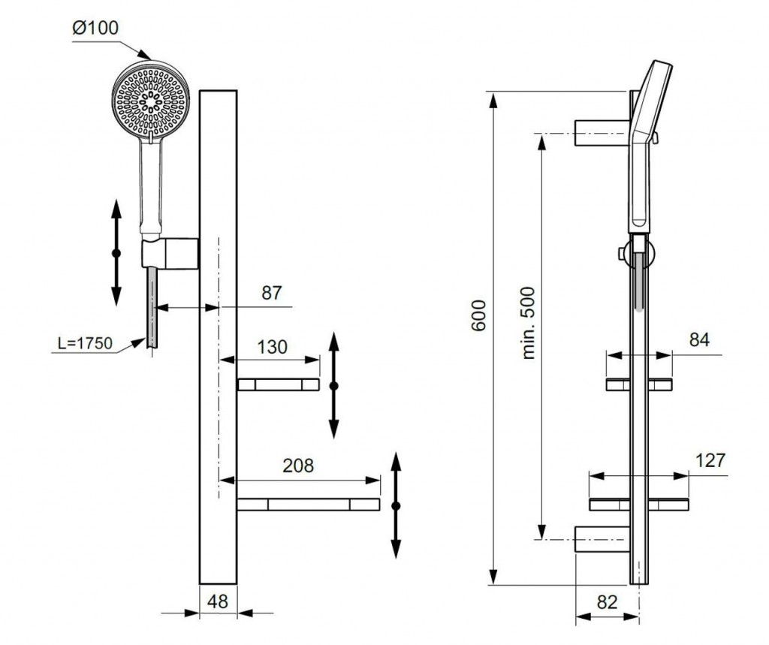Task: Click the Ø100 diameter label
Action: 95,29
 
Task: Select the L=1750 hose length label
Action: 85,344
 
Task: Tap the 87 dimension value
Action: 271,293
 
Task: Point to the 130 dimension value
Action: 272,347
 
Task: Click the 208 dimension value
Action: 298,466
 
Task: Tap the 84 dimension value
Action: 699,340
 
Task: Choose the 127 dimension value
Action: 710,460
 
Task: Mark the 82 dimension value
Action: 608,601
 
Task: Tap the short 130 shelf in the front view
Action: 278,385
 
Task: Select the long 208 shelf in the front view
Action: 309,504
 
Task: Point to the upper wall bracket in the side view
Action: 600,132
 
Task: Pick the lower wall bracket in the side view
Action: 600,539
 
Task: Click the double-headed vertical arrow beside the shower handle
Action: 116,253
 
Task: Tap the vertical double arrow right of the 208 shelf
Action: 397,505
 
